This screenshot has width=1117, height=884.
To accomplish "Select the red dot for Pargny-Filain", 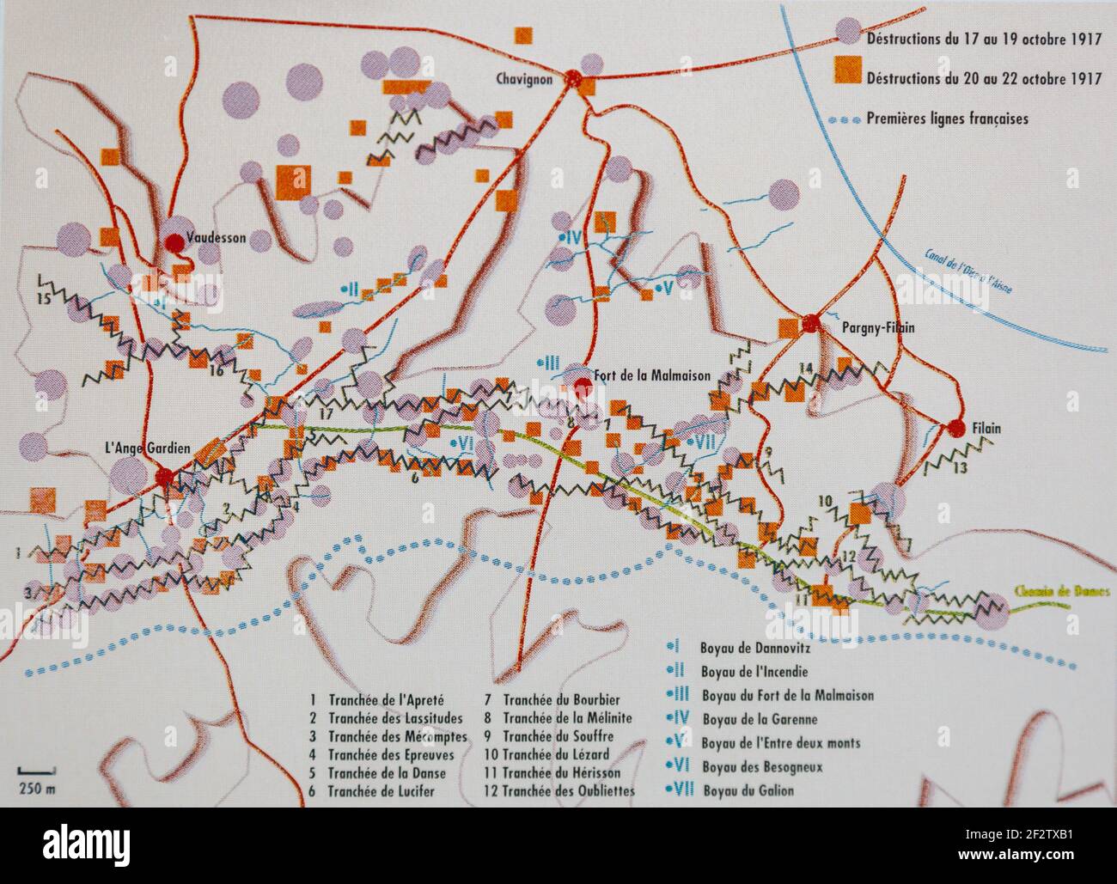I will click(809, 324).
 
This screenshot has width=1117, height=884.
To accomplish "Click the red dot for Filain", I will click(955, 429).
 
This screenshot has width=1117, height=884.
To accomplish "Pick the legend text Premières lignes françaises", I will click(947, 119).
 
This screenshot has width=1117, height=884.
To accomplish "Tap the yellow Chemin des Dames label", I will click(1062, 592).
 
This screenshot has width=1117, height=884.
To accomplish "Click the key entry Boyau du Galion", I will click(748, 791).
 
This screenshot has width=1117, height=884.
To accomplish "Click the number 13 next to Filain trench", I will click(960, 467).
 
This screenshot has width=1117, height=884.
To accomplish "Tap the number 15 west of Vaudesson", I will click(44, 299).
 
